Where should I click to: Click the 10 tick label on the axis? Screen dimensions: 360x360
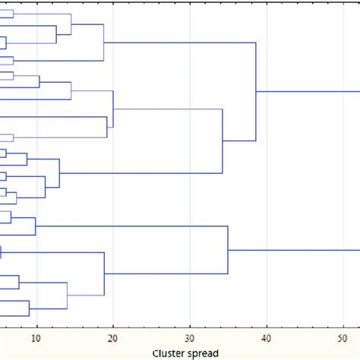tap(36, 339)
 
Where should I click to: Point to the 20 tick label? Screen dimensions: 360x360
tap(112, 339)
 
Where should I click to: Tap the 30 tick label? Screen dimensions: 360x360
tap(190, 339)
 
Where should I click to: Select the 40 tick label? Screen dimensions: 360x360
tap(267, 339)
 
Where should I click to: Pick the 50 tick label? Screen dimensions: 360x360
tap(343, 339)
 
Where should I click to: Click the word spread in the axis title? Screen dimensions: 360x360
tap(204, 352)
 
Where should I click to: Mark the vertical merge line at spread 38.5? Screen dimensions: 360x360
tap(256, 92)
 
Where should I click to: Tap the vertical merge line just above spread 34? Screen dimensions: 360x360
tap(222, 141)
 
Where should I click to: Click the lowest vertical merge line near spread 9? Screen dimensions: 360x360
tap(30, 308)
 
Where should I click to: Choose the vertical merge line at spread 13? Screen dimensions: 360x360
tap(59, 174)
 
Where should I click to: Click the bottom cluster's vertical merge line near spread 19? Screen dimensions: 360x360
tap(104, 273)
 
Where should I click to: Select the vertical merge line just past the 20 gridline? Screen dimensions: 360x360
tap(113, 109)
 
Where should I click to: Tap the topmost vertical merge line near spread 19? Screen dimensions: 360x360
tap(103, 42)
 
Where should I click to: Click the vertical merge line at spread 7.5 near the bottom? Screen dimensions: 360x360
tap(19, 283)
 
